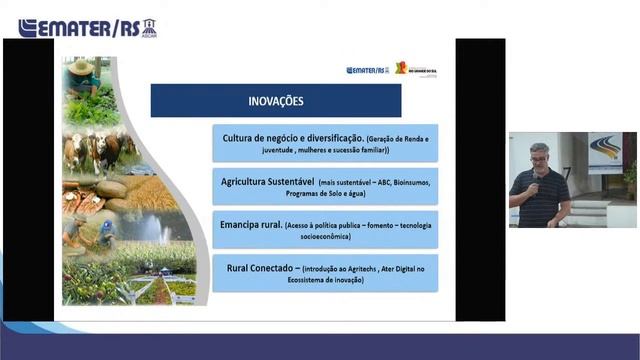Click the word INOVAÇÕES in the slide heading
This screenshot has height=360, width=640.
(276, 101)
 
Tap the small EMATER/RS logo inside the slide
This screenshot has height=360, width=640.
(367, 70)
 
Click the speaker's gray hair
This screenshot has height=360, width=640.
(538, 148)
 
